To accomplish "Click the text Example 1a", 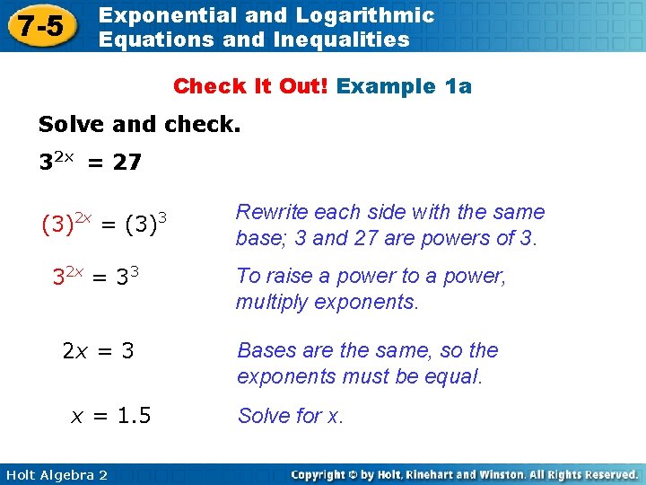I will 404,86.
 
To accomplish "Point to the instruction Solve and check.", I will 139,125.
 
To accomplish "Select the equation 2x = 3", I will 98,350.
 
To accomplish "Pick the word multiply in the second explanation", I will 268,302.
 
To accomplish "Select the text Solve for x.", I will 290,416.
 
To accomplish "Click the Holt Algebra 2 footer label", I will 55,474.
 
